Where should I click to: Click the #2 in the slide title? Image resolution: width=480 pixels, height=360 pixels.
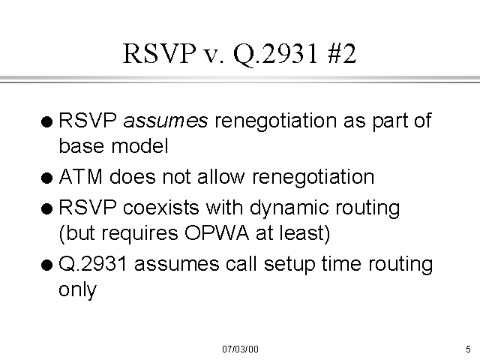[342, 53]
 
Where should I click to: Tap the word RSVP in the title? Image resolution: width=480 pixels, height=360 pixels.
[159, 53]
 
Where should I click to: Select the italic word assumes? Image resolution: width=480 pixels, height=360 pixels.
[165, 121]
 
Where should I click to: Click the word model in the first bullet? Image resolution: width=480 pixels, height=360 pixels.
[140, 145]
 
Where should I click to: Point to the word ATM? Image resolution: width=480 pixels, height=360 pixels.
[81, 177]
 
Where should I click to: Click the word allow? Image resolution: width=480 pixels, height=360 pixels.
[221, 176]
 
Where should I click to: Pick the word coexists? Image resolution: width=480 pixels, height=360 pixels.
[161, 207]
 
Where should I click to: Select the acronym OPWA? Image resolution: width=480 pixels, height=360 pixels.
[217, 233]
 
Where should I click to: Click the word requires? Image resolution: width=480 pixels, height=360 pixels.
[139, 234]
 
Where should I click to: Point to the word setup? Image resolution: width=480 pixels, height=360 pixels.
[289, 265]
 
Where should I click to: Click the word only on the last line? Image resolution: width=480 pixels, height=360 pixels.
[77, 289]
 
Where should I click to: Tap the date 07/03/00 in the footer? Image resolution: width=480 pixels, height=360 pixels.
[240, 349]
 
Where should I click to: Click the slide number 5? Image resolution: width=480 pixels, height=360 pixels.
[468, 349]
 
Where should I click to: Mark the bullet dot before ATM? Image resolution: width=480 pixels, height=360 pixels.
[46, 178]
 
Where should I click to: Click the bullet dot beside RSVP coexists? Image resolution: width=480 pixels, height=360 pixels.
[46, 209]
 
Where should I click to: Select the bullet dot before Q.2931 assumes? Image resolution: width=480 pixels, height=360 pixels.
[46, 265]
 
